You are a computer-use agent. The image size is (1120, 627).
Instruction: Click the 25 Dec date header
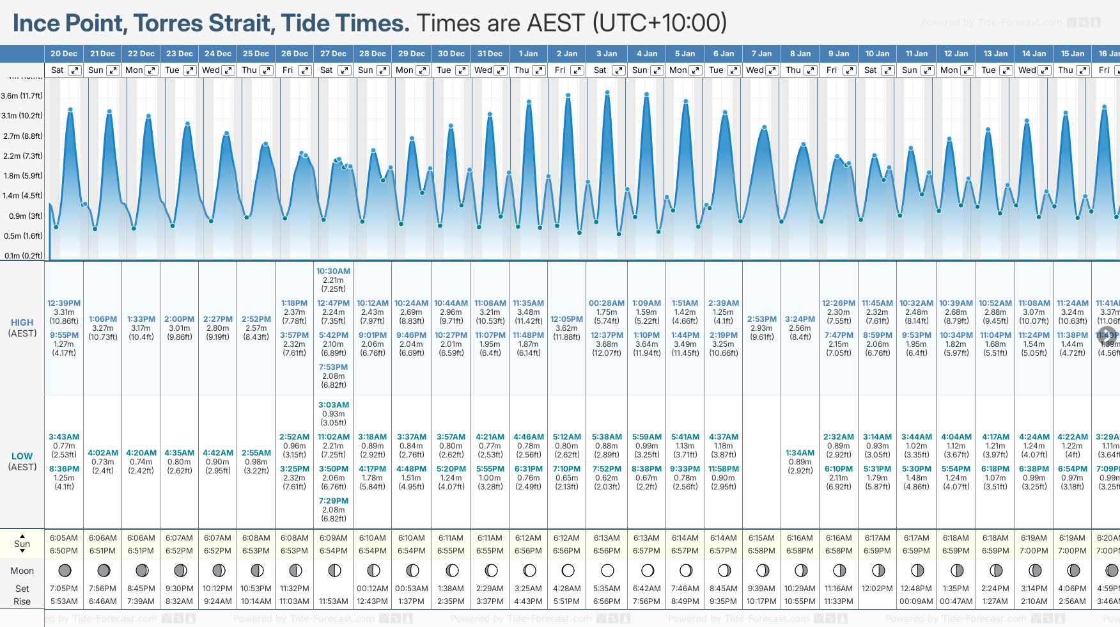point(256,54)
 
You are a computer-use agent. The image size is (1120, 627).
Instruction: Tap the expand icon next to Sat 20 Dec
point(75,70)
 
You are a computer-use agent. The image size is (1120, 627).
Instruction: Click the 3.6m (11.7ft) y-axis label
point(22,96)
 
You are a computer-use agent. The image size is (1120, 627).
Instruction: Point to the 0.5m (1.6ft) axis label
point(22,236)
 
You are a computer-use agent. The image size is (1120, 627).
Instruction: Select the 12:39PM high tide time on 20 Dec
point(64,303)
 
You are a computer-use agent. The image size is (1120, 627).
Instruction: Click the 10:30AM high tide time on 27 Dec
point(333,271)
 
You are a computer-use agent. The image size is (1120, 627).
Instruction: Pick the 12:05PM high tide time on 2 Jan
point(566,319)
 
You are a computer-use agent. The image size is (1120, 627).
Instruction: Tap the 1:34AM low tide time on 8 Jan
point(800,453)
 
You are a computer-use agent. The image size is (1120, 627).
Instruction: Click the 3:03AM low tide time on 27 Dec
point(333,405)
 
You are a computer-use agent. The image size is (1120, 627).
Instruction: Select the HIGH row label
point(22,323)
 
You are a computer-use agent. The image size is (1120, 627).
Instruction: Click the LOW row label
point(22,457)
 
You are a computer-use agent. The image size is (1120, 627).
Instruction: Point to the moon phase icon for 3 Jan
point(607,570)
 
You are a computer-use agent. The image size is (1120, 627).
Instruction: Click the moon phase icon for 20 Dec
point(64,570)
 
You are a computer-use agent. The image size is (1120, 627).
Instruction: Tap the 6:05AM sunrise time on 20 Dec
point(64,538)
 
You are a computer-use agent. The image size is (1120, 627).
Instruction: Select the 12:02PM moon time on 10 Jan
point(877,589)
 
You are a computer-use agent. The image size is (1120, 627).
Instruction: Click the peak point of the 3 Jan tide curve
point(607,93)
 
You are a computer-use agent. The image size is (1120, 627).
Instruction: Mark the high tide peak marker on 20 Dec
point(70,110)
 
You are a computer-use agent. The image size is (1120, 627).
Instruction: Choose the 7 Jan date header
point(762,54)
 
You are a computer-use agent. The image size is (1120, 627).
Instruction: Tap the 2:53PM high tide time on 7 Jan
point(761,319)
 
